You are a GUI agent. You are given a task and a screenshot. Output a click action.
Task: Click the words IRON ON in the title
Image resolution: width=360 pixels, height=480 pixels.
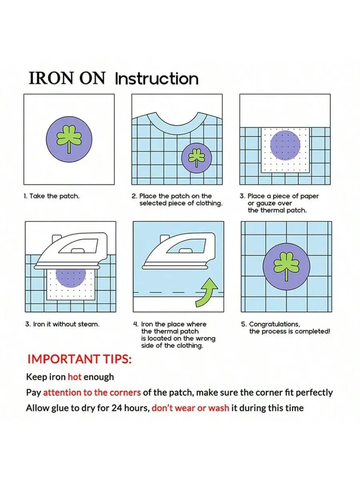click(x=67, y=78)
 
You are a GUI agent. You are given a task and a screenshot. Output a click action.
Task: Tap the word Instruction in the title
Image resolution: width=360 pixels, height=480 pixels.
click(x=157, y=79)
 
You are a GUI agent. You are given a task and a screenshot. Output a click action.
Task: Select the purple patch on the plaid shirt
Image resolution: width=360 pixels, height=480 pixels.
click(x=197, y=158)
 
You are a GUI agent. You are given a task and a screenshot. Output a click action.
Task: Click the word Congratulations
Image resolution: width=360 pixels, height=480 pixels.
click(x=274, y=324)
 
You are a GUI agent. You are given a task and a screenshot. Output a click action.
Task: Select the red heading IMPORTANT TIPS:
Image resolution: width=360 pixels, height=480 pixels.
click(x=80, y=359)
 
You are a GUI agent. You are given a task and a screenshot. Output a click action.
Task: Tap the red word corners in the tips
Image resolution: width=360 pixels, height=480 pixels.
click(x=125, y=393)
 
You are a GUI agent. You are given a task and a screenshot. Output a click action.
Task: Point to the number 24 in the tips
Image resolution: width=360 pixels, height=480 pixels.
click(x=116, y=408)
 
